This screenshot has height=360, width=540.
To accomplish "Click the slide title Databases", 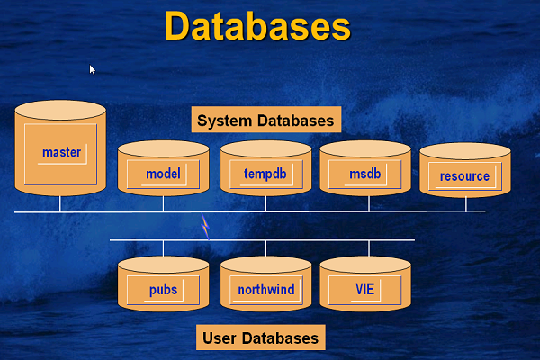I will point(257,27).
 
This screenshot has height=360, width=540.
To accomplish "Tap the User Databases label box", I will point(260,338).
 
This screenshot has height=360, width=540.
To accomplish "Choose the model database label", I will point(163,174).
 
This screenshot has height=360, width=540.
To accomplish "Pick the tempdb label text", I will point(265,174).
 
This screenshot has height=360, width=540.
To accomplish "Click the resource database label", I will point(465,176).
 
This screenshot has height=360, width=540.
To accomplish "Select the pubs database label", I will point(163,291).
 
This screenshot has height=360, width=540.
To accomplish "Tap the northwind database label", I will point(265,291).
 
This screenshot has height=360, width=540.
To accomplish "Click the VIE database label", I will point(364,291).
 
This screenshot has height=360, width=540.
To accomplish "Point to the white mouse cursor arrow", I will point(92,68).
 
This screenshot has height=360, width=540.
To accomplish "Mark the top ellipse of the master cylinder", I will point(61,112).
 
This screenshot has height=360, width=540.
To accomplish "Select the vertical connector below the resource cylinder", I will point(465,204).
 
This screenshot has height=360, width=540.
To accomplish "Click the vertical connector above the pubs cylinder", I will point(163,248).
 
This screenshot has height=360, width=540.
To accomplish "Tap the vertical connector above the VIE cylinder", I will point(368,248).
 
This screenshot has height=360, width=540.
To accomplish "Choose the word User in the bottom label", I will point(220,338).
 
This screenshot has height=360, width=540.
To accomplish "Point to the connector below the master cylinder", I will point(60,203).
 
